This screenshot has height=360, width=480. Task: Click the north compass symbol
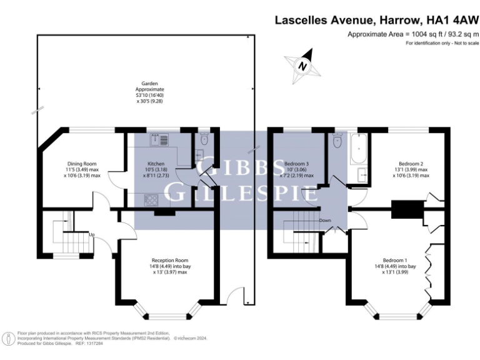point(302,66)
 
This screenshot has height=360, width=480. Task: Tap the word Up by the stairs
point(92,235)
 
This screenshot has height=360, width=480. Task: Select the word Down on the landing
point(325,221)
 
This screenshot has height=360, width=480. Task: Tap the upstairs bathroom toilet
point(338,141)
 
